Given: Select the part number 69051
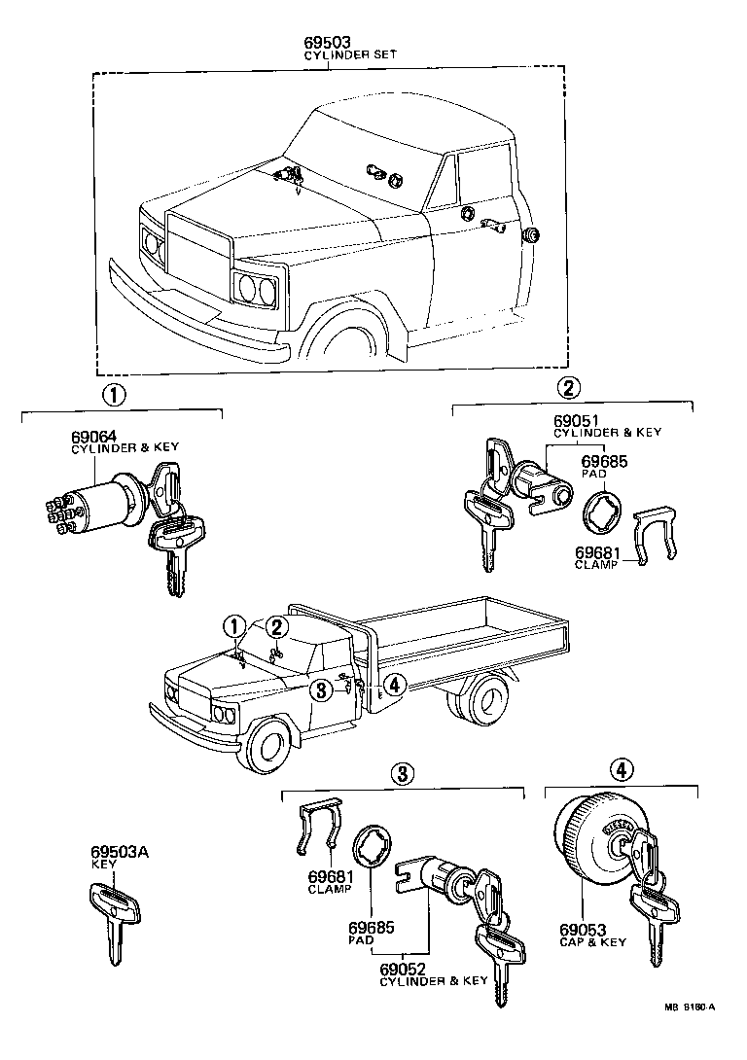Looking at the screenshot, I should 576,420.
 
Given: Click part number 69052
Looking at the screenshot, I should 401,969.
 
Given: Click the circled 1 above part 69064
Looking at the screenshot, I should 114,395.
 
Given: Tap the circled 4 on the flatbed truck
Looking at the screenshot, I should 393,686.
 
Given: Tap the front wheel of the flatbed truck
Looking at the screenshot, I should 269,746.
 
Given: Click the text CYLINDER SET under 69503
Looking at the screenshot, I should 329,55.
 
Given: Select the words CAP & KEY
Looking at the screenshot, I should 592,942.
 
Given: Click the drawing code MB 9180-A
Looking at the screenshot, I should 690,1007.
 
